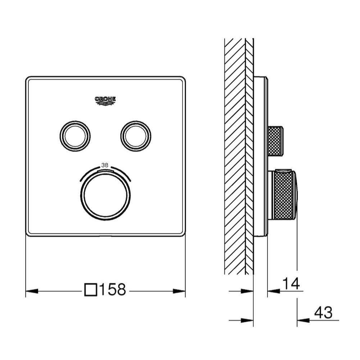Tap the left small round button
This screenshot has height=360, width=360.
(x=75, y=136)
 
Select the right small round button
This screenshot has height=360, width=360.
(x=136, y=136)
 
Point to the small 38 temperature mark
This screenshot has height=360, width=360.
(x=105, y=165)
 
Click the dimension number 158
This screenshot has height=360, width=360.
(x=113, y=290)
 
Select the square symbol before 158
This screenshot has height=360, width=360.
(x=91, y=290)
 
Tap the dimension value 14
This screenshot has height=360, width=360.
(x=291, y=284)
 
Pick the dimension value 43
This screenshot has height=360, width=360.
(x=323, y=313)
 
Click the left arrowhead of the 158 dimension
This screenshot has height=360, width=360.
(x=32, y=291)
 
